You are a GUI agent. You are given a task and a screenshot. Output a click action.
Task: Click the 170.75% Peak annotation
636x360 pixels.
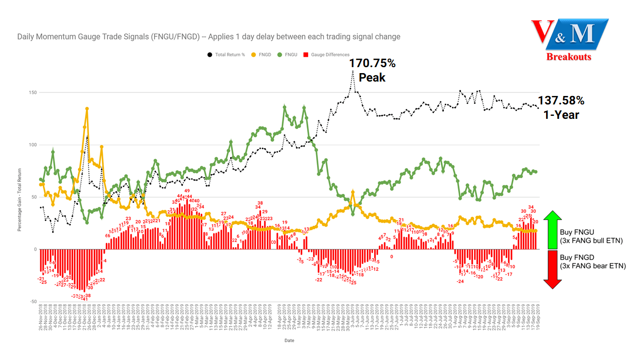pos(372,70)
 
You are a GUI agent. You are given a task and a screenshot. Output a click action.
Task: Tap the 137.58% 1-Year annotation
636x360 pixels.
pos(561,107)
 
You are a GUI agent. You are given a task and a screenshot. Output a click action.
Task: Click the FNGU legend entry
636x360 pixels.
pos(289,55)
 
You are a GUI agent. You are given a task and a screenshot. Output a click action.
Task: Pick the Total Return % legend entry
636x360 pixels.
pos(230,55)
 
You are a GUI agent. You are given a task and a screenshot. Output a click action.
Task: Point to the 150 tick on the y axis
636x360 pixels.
pos(33,92)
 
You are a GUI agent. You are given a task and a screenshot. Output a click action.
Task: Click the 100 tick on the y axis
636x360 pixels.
pos(33,145)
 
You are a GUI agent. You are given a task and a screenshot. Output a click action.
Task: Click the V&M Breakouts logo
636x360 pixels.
pos(569,40)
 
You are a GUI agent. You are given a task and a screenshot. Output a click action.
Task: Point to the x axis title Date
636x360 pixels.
pos(289,341)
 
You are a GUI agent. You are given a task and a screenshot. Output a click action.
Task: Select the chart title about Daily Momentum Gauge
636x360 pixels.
pos(209,37)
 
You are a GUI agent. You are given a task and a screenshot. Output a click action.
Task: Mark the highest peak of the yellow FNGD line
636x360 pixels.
pos(87,108)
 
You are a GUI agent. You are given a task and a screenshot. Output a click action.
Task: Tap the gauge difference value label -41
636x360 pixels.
pos(85,299)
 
